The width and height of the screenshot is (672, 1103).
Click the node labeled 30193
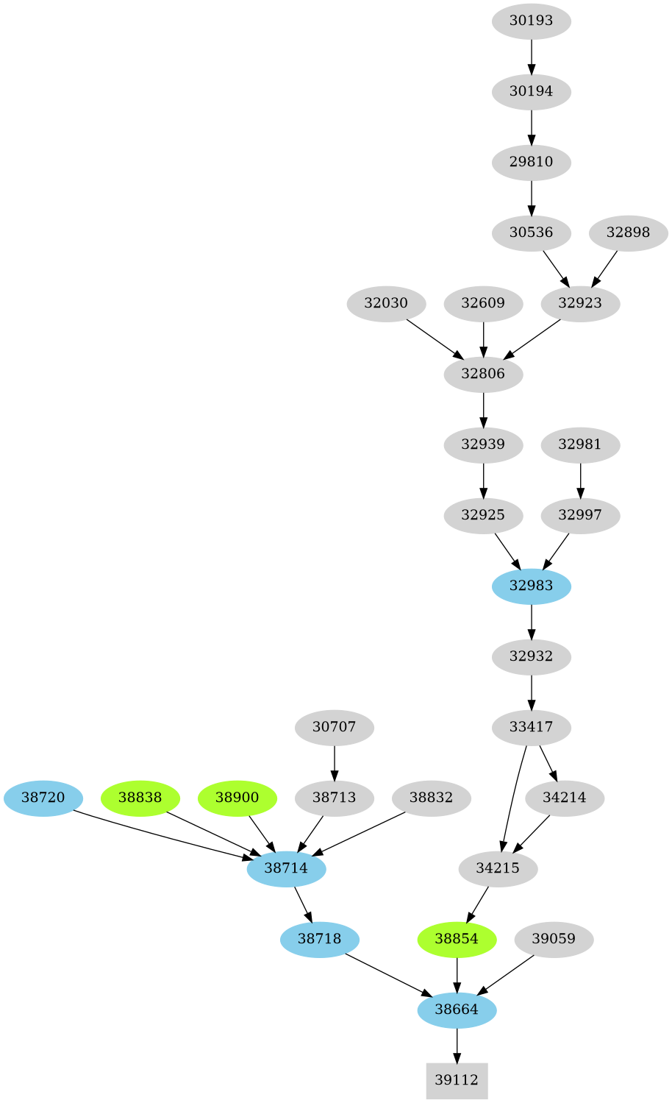[531, 21]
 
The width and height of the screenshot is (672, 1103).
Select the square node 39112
[457, 1080]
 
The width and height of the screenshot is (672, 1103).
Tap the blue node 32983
[531, 586]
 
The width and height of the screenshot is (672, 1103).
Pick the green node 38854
[457, 939]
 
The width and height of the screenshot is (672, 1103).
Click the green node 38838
[140, 798]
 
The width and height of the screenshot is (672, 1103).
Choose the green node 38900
[237, 798]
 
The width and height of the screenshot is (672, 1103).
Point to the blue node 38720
[43, 798]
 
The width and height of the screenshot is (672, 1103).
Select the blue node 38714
[286, 868]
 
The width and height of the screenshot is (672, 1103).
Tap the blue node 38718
[319, 939]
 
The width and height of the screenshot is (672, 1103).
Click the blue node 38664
[457, 1010]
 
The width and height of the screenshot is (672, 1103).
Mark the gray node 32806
[483, 374]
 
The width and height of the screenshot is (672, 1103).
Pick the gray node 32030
[386, 303]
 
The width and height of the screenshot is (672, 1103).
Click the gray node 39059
[554, 939]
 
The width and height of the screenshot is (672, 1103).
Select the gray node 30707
[334, 727]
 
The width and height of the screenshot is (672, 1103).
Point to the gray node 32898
[628, 233]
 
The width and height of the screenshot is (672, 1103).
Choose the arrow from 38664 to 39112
[457, 1045]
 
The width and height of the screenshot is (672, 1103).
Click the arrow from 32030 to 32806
[435, 338]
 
